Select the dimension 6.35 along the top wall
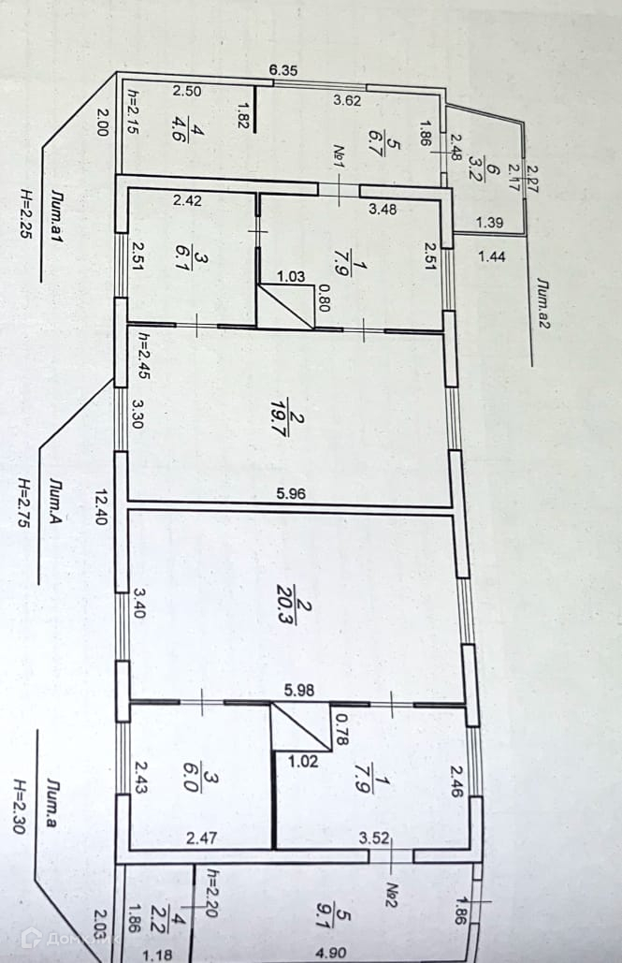coord(282,70)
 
